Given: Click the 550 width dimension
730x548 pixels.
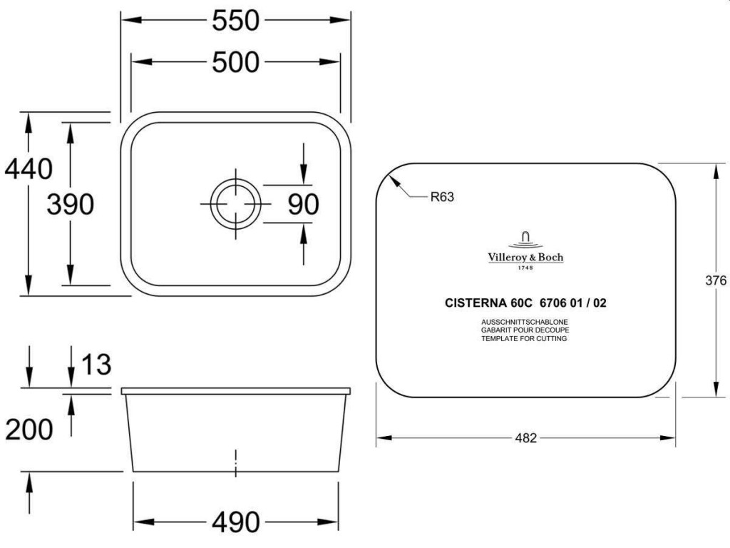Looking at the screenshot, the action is click(x=235, y=21).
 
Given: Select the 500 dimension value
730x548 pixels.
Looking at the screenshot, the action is click(x=235, y=62).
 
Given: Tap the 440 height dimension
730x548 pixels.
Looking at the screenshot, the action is click(x=29, y=168).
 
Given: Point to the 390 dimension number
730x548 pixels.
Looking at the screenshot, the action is click(x=71, y=204).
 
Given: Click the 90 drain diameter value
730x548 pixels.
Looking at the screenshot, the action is click(x=304, y=204).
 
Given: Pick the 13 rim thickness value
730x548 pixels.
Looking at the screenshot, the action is click(x=96, y=365).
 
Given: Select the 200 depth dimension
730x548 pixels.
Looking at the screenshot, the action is click(x=29, y=429).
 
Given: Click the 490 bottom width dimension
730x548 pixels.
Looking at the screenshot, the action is click(x=235, y=522).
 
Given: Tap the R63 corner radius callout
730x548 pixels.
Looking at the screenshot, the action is click(x=442, y=197).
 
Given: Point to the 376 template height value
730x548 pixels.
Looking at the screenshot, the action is click(x=716, y=280).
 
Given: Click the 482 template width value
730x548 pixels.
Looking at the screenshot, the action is click(x=525, y=438).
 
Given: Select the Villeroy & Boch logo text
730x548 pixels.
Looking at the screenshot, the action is click(x=525, y=257).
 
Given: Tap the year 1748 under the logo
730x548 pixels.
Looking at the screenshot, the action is click(x=525, y=268).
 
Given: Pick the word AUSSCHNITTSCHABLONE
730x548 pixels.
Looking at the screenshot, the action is click(x=525, y=322).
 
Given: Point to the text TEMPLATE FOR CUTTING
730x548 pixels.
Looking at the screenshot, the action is click(x=524, y=339).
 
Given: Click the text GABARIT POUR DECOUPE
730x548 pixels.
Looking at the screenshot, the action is click(x=525, y=330).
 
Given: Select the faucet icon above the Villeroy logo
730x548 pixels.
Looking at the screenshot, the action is click(x=525, y=240).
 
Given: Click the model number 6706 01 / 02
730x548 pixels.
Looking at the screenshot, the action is click(x=573, y=303).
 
